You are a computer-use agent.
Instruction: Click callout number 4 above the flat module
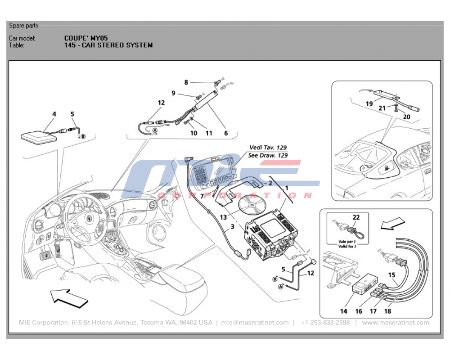click(54, 114)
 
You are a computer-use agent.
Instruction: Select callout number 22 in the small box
click(356, 217)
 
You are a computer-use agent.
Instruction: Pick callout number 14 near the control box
click(344, 311)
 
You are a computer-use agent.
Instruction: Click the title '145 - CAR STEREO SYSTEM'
click(108, 45)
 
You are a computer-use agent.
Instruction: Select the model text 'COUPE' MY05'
click(86, 38)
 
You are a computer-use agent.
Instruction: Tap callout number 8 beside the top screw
click(186, 82)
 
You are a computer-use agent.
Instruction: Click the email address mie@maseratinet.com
click(255, 323)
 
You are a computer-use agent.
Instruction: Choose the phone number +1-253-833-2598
click(325, 323)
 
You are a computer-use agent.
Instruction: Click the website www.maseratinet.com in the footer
click(396, 323)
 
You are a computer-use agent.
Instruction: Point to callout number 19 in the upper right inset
click(369, 103)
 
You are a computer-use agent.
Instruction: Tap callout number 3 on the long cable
click(232, 227)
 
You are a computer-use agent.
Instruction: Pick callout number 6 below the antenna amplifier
click(226, 133)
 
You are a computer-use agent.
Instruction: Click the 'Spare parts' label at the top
click(23, 25)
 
